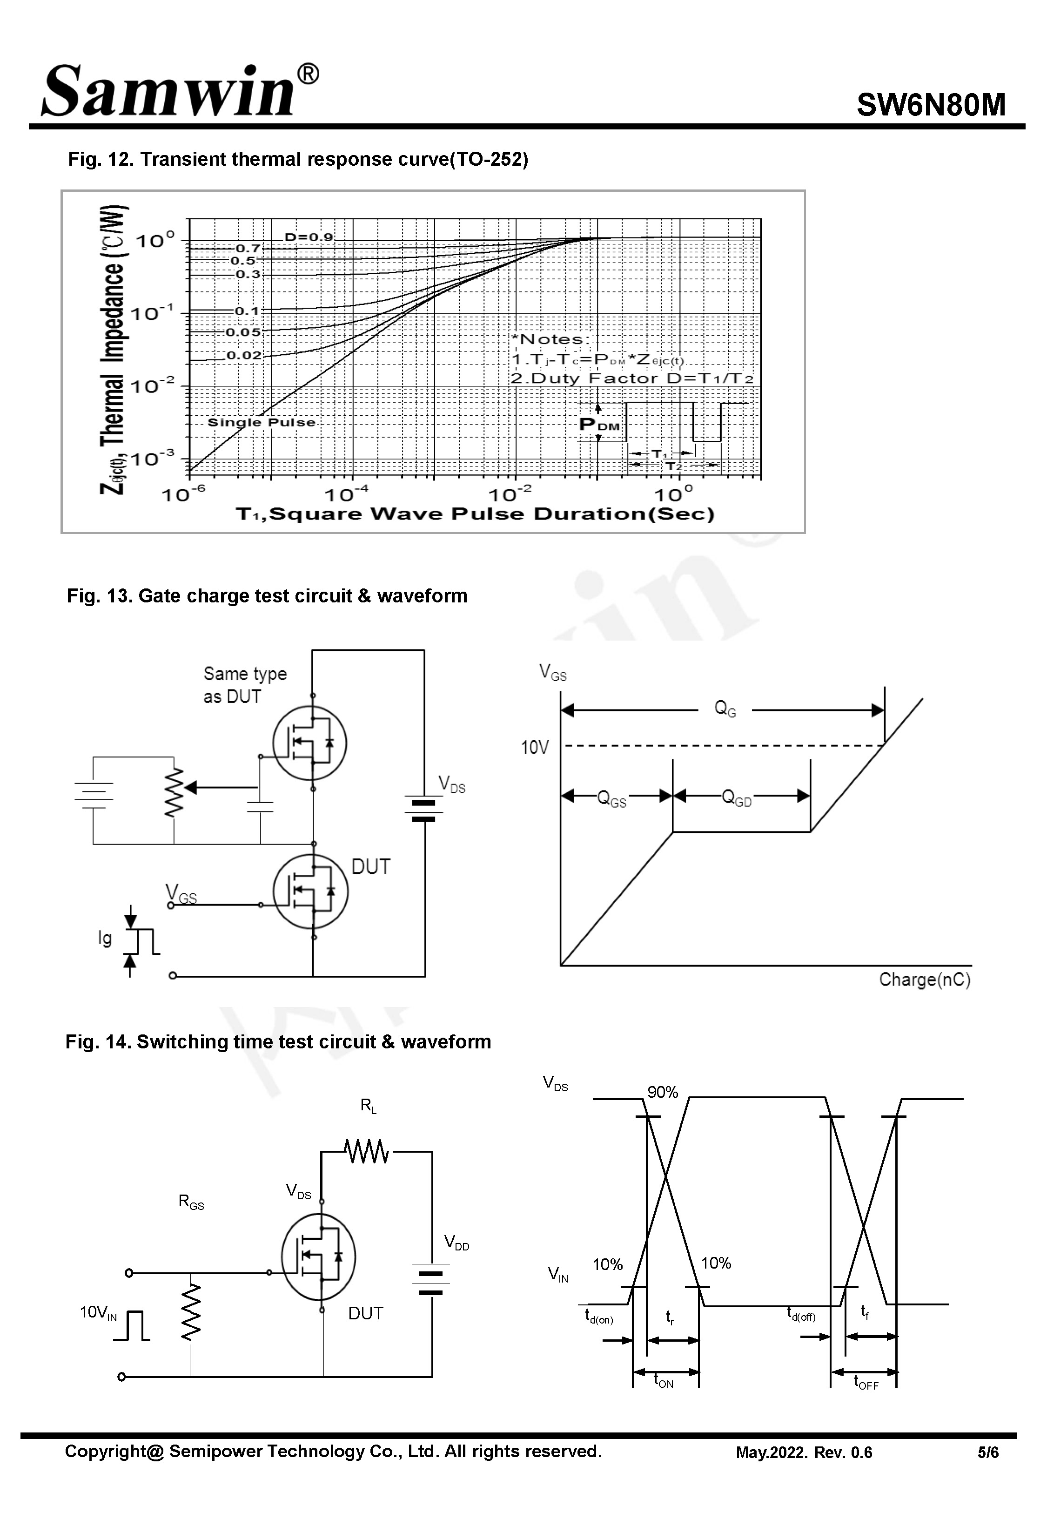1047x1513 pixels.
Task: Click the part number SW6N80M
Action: [930, 105]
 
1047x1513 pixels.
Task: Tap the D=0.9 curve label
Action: [309, 237]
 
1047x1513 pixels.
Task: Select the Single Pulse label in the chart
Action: [261, 423]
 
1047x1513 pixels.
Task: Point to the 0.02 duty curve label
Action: [244, 356]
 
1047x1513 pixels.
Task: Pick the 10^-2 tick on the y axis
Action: [152, 386]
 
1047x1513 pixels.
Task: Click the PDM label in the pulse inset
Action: [599, 425]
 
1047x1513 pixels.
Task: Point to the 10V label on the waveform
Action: [535, 747]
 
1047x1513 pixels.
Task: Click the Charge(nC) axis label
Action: [924, 979]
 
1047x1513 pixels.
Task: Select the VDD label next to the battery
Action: [456, 1242]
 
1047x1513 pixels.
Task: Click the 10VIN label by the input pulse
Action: [98, 1312]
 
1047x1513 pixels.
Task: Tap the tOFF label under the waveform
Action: [866, 1383]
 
